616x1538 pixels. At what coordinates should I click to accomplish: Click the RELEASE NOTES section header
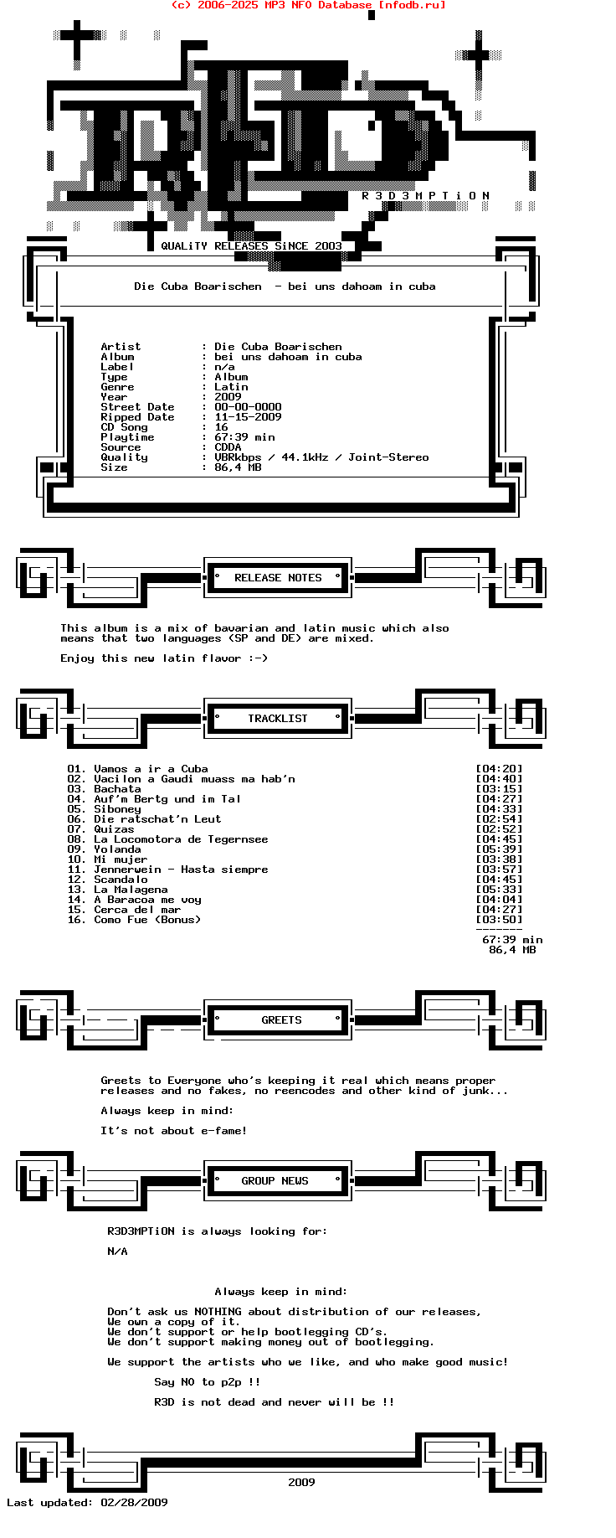pos(278,578)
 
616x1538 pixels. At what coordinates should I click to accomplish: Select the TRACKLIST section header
pos(278,719)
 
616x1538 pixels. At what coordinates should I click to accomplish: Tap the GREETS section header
pos(281,1020)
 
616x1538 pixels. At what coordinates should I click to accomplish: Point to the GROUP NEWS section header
pos(275,1181)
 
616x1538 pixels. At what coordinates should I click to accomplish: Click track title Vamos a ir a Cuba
pos(151,769)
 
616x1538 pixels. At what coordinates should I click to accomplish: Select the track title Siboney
pos(117,809)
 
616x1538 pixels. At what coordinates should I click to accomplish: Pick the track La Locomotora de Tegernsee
pos(181,839)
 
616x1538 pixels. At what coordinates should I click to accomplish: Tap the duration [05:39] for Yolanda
pos(499,849)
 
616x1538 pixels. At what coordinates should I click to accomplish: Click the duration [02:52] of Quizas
pos(499,829)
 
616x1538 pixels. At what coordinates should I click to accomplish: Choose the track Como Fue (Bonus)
pos(147,920)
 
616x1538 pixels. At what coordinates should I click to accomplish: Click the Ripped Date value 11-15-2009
pos(248,417)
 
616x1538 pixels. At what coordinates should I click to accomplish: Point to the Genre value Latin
pos(231,387)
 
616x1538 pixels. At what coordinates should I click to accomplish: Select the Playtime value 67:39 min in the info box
pos(244,437)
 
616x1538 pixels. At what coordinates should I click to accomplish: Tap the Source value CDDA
pos(228,447)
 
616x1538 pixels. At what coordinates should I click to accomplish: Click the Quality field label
pos(124,457)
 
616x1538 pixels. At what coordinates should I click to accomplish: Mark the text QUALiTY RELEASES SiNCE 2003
pos(251,246)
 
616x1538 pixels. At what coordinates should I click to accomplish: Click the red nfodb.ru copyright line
pos(308,5)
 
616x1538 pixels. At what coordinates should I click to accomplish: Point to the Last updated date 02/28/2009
pos(134,1503)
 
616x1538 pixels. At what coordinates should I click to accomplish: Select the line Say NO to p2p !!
pos(207,1382)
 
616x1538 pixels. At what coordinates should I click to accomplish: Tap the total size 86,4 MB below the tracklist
pos(512,950)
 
